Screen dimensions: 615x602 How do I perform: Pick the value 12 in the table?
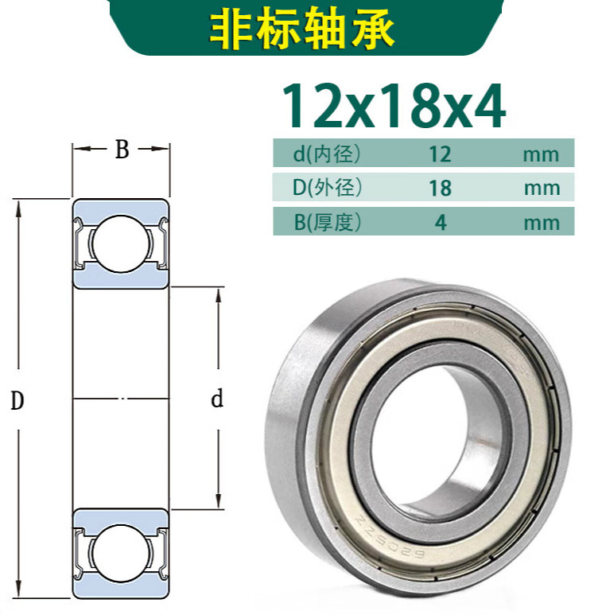pyautogui.click(x=439, y=154)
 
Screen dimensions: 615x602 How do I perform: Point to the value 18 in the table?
pyautogui.click(x=439, y=189)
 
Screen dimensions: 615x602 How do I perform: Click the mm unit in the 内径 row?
pyautogui.click(x=542, y=154)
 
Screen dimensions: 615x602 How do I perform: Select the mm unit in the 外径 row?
pyautogui.click(x=542, y=189)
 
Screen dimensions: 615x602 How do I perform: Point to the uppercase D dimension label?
pyautogui.click(x=17, y=401)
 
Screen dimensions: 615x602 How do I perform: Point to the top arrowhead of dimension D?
pyautogui.click(x=17, y=205)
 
